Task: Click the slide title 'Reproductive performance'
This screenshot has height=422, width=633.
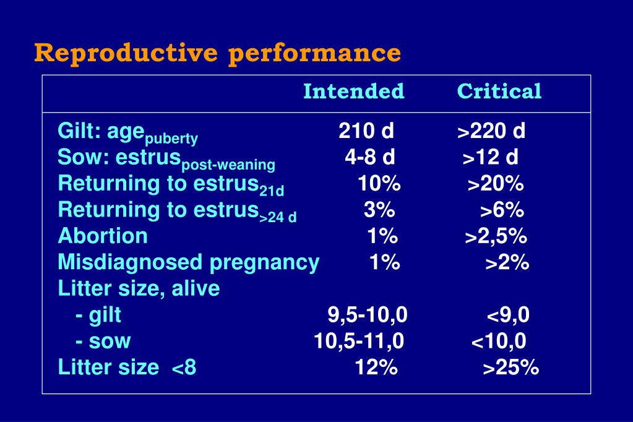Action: click(x=218, y=53)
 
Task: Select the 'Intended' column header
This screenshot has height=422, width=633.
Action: click(x=353, y=92)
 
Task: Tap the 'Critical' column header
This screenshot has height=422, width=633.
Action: click(x=499, y=92)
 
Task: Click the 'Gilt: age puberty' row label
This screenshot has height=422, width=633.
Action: click(x=127, y=132)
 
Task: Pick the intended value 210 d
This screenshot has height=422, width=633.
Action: click(x=366, y=131)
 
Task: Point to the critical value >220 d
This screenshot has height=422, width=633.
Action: click(x=491, y=131)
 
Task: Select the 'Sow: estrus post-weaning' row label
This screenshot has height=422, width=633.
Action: click(x=166, y=159)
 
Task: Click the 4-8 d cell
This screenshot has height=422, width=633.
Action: click(x=369, y=157)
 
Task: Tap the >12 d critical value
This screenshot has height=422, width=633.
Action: click(x=490, y=157)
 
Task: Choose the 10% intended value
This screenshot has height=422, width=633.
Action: click(x=379, y=184)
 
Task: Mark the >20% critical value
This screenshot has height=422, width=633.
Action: click(x=496, y=184)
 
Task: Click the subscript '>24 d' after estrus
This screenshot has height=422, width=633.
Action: click(x=278, y=217)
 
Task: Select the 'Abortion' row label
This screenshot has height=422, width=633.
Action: click(x=103, y=236)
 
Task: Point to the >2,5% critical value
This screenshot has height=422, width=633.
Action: click(x=496, y=236)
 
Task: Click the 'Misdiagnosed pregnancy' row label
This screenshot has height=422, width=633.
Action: click(x=188, y=262)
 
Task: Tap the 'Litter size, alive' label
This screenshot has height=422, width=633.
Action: click(x=139, y=288)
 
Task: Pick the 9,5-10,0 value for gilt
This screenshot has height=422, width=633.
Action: click(x=368, y=315)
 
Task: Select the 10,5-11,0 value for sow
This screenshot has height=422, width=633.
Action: click(x=359, y=341)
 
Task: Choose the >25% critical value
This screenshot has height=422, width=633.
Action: click(x=510, y=368)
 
